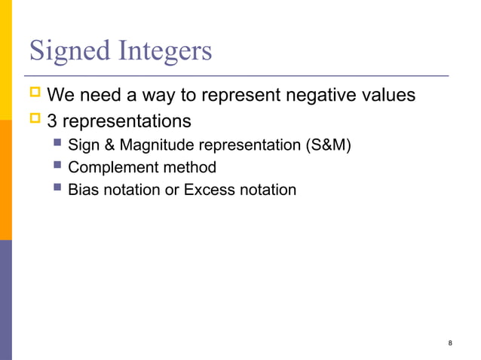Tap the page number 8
(x=450, y=344)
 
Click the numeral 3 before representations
(x=52, y=121)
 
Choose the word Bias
(x=83, y=190)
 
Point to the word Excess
(x=210, y=190)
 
